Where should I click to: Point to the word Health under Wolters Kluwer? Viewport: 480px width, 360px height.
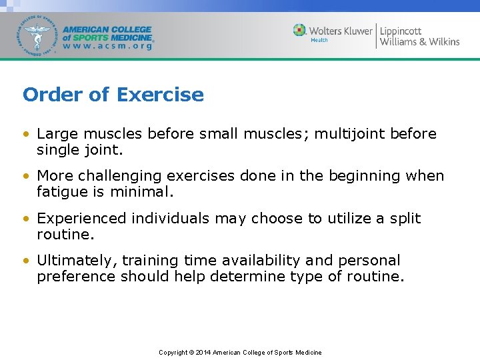click(x=319, y=41)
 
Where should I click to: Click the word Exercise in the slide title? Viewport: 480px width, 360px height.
click(x=160, y=95)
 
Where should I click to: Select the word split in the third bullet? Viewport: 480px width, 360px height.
click(x=403, y=219)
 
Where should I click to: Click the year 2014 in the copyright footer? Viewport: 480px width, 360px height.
click(x=203, y=353)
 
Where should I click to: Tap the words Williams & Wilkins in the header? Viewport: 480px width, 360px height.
click(x=419, y=42)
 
